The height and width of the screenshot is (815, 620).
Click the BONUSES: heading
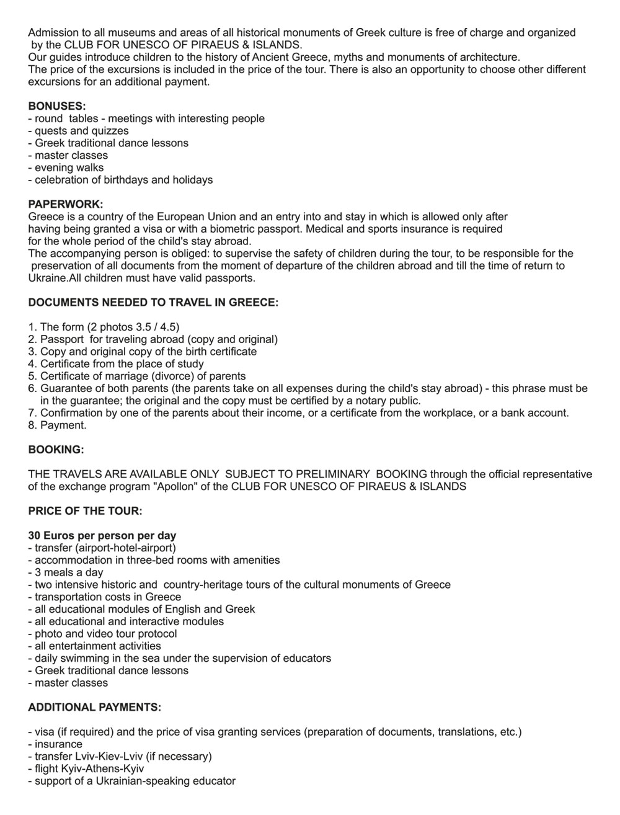pyautogui.click(x=57, y=106)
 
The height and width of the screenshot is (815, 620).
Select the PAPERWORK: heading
pyautogui.click(x=66, y=205)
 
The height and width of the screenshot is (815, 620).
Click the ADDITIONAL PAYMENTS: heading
pyautogui.click(x=95, y=707)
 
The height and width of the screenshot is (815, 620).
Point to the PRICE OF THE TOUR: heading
pyautogui.click(x=85, y=511)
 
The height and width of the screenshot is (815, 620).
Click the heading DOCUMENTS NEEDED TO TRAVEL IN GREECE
pyautogui.click(x=153, y=303)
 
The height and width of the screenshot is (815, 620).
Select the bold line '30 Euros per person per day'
pyautogui.click(x=102, y=535)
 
